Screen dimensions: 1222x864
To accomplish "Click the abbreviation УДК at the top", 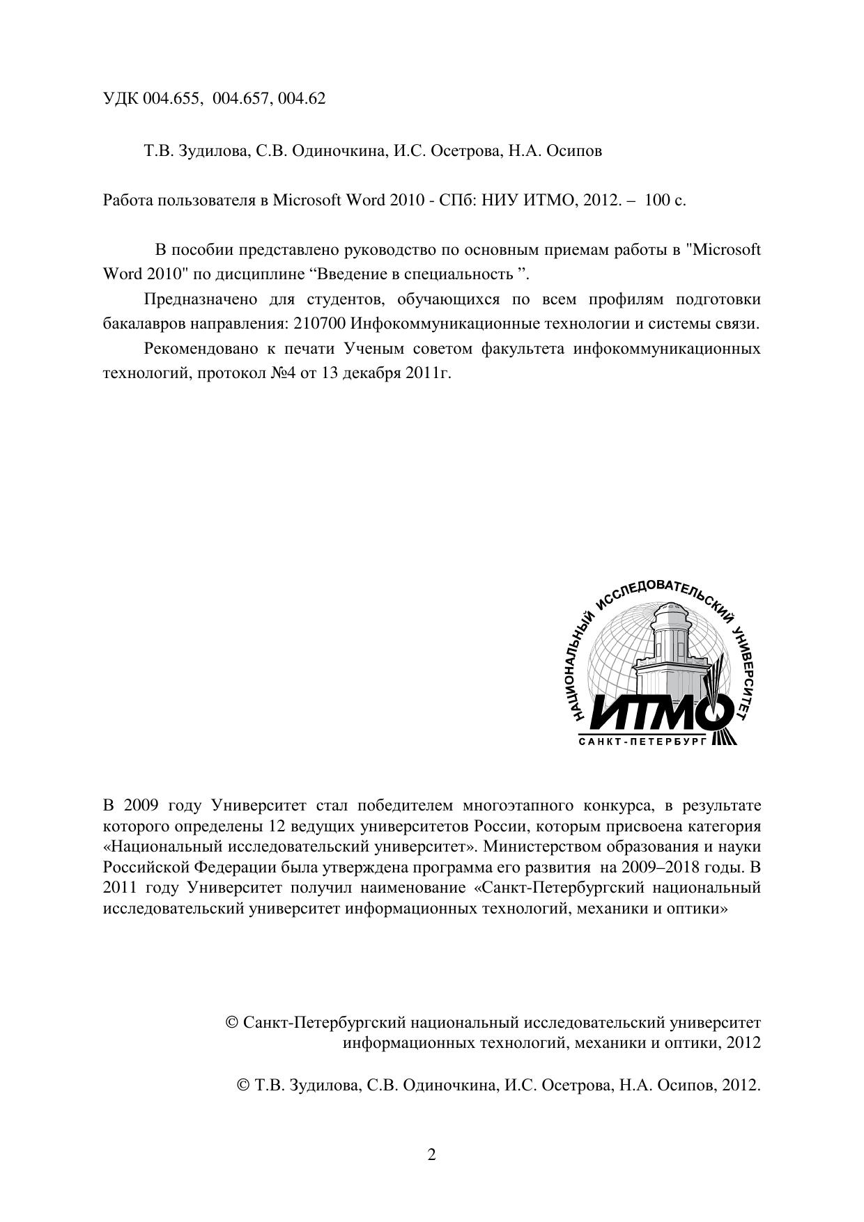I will [x=120, y=99].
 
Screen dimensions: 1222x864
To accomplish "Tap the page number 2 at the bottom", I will [x=431, y=1155].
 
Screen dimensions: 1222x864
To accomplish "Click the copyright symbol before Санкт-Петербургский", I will [x=233, y=1022].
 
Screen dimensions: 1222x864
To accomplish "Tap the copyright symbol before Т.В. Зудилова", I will [x=244, y=1085].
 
